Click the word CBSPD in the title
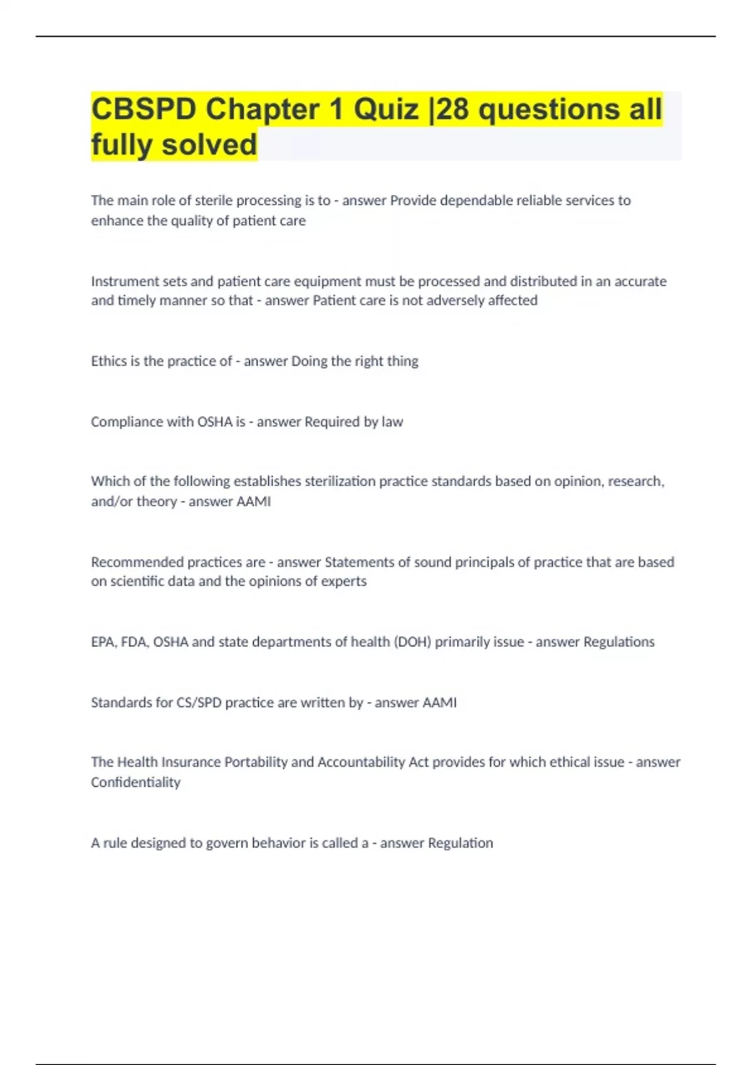coord(144,109)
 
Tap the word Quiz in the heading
coord(386,109)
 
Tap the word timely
coord(137,301)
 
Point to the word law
coord(392,422)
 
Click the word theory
coord(157,502)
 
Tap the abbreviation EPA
coord(103,642)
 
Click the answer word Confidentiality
coord(135,782)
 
